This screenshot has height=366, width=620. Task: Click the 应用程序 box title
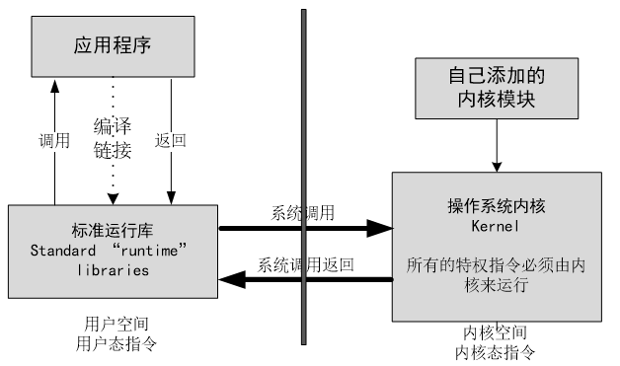(x=113, y=45)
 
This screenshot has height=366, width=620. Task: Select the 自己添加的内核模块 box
(x=497, y=88)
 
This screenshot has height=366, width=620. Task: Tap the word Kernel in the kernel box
(x=495, y=226)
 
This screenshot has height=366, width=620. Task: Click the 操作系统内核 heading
(x=497, y=206)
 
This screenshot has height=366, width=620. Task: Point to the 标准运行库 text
(x=113, y=231)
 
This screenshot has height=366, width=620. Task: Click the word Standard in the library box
(x=63, y=251)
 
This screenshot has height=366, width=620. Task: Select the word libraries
(x=114, y=270)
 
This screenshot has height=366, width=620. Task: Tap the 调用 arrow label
(x=54, y=141)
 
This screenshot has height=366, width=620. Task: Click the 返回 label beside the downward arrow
(x=171, y=140)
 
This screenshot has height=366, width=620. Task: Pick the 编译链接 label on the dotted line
(x=113, y=138)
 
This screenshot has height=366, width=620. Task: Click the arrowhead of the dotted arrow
(x=114, y=199)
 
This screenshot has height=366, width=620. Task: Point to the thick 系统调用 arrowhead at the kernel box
(x=379, y=229)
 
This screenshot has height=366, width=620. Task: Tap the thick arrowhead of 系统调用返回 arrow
(x=232, y=279)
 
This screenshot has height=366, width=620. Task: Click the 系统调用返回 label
(x=305, y=264)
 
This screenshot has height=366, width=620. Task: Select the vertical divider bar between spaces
(x=304, y=177)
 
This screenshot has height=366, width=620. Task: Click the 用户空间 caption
(x=116, y=325)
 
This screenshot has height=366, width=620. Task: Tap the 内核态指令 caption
(x=495, y=352)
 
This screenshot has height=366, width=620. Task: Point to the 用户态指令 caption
(x=116, y=344)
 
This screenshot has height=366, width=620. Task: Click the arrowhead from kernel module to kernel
(x=497, y=167)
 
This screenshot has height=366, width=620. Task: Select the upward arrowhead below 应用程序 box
(x=54, y=86)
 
